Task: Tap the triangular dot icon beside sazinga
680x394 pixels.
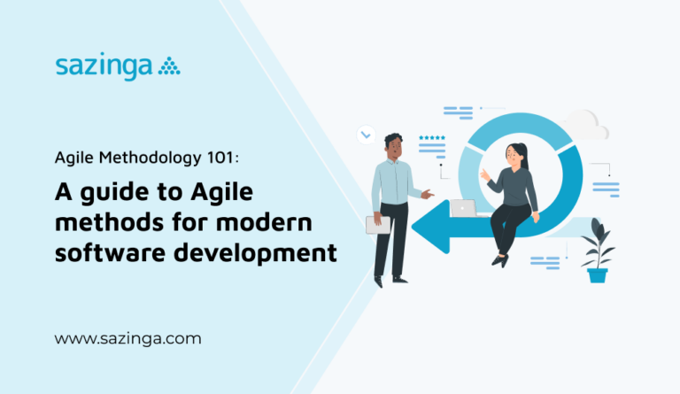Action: pos(168,66)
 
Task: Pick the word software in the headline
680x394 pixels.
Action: pos(103,251)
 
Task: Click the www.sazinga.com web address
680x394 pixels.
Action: pos(127,338)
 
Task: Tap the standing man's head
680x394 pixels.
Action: pos(393,145)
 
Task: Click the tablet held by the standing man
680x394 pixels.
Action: pos(378,224)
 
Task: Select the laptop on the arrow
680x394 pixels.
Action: pos(462,208)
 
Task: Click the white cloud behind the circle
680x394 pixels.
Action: pos(585,125)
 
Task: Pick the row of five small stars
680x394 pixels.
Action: pos(432,138)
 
